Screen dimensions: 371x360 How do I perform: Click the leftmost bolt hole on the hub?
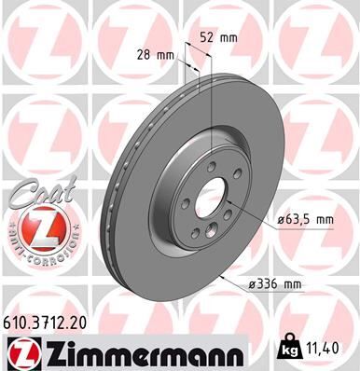coord(186,204)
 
